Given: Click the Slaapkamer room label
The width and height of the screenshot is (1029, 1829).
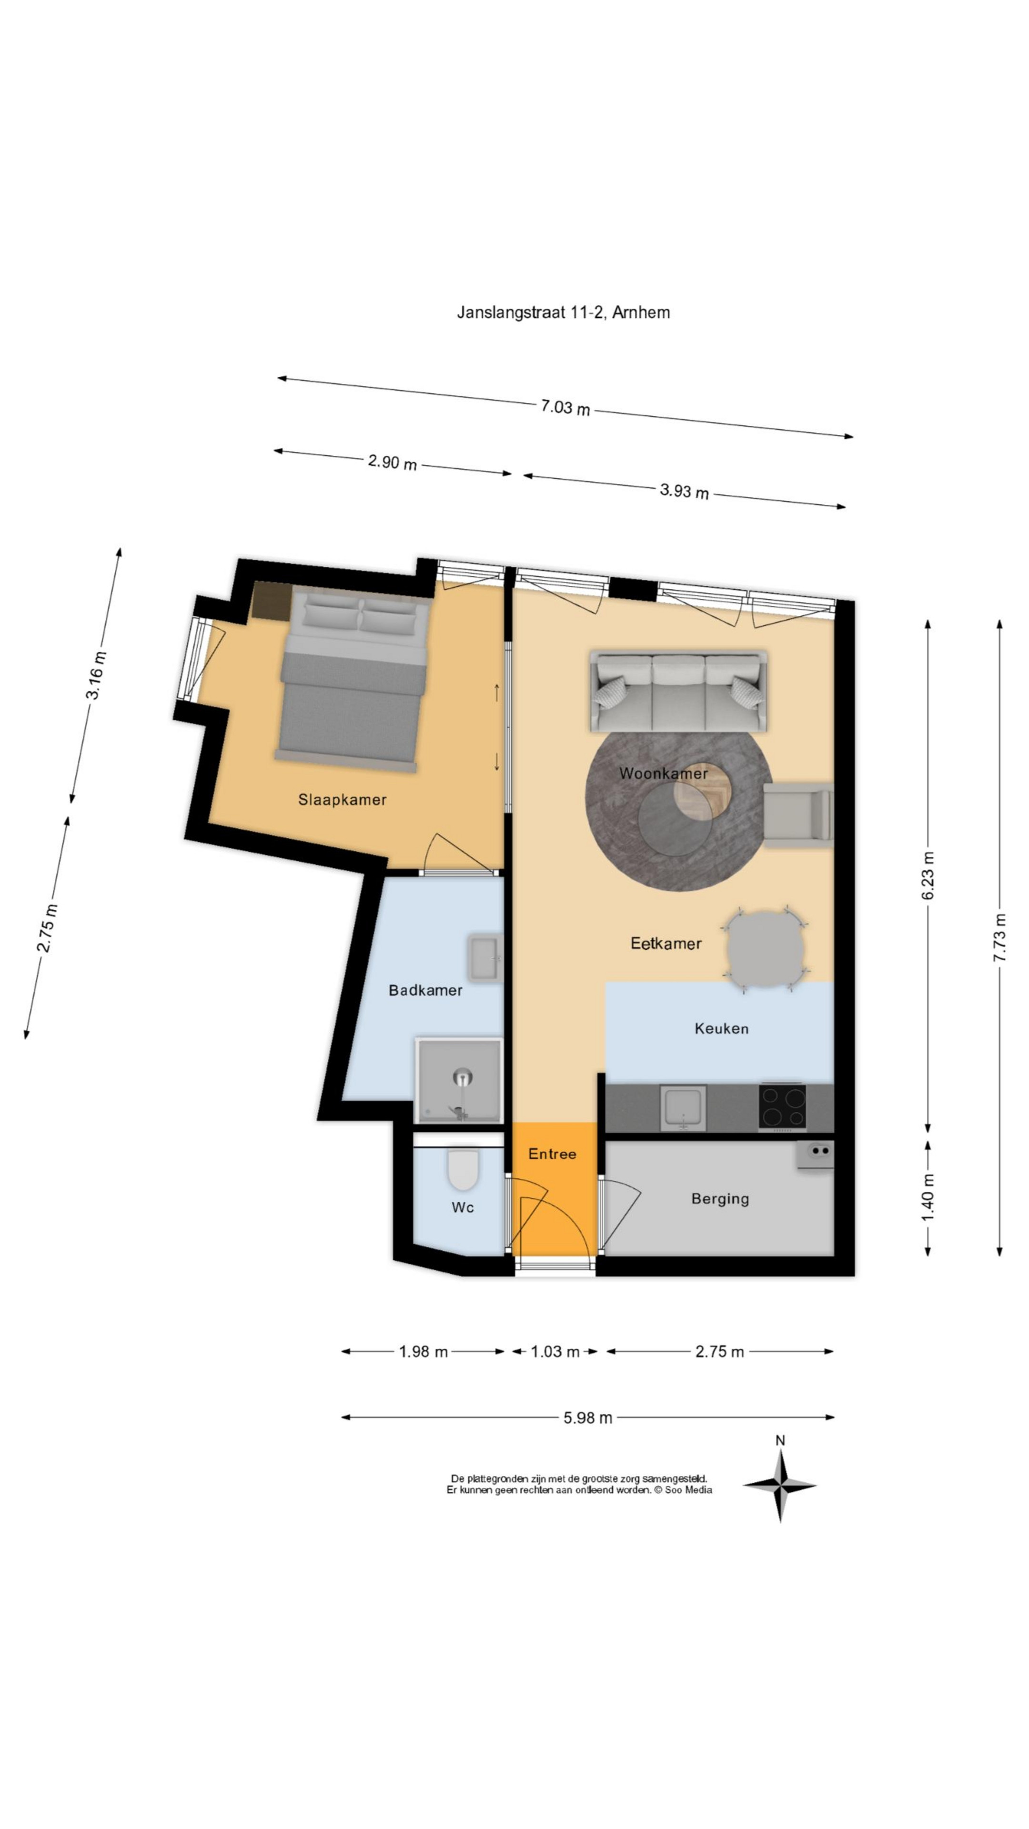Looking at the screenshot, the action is [x=343, y=800].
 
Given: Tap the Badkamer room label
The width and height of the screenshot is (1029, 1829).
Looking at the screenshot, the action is [x=425, y=990].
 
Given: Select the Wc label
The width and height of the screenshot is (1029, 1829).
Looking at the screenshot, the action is [x=462, y=1207].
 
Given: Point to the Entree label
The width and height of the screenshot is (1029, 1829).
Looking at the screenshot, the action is [x=552, y=1154].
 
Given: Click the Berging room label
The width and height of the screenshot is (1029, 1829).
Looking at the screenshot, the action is [x=720, y=1198].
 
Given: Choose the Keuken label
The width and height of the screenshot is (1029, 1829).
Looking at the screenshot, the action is [x=722, y=1028].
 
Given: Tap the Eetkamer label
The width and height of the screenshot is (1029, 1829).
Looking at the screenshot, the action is [x=666, y=943].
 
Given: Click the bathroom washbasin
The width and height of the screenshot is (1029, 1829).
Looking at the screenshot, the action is [x=485, y=958].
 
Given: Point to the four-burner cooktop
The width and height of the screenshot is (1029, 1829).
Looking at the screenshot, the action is [x=783, y=1106].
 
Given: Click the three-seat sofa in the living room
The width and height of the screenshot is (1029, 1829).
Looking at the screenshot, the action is [x=678, y=690].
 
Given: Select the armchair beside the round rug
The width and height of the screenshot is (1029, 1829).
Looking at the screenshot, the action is [x=797, y=815].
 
